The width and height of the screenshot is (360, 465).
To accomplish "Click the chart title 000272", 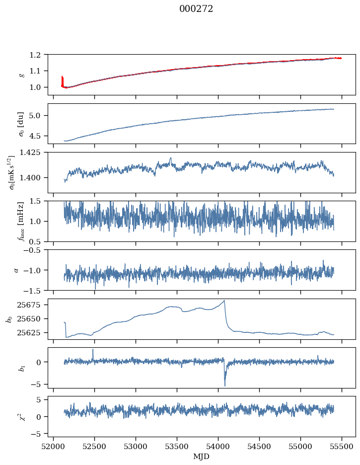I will (196, 9).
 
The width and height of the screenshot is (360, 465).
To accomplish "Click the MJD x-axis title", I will (202, 457).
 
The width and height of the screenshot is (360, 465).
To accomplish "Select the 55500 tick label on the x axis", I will (342, 446).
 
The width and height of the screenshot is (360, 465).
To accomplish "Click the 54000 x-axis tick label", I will (218, 446).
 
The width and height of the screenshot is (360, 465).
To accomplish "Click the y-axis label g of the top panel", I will (20, 75).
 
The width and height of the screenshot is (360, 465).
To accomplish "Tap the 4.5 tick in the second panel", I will (38, 136).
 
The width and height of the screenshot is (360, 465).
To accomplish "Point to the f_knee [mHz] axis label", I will (20, 221).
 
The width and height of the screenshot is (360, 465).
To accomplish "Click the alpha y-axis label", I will (16, 270).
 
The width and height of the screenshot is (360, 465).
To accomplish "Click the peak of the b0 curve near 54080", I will (224, 301).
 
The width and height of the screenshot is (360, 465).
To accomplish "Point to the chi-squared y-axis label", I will (20, 416).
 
